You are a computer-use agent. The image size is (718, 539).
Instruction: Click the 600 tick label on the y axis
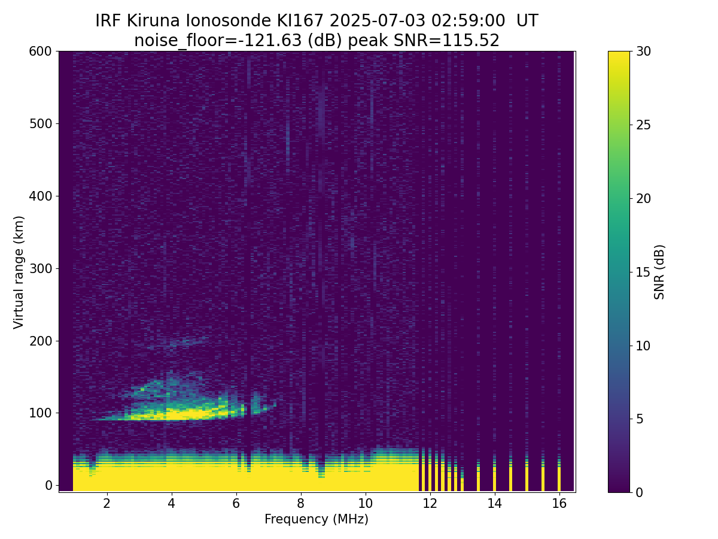40,52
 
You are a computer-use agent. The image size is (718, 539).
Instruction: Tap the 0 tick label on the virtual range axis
48,485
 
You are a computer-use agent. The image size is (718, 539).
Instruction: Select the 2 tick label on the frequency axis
107,503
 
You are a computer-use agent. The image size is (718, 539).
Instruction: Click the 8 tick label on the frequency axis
300,503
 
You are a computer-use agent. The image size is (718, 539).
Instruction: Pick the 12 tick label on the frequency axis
430,503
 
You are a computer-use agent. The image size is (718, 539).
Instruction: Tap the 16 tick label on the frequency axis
559,503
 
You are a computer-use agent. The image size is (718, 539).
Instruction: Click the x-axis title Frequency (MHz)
317,519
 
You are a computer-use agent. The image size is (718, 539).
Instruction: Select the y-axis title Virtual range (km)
19,272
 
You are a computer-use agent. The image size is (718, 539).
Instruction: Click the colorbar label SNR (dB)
659,272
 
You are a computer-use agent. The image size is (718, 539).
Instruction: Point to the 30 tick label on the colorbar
643,52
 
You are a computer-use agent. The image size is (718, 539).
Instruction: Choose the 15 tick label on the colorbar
643,272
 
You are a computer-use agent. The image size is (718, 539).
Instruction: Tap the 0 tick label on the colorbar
640,492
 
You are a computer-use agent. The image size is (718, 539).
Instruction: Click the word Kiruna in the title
153,21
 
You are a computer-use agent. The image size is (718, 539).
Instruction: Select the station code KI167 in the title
300,21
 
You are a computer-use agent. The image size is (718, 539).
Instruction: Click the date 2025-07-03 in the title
378,21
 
